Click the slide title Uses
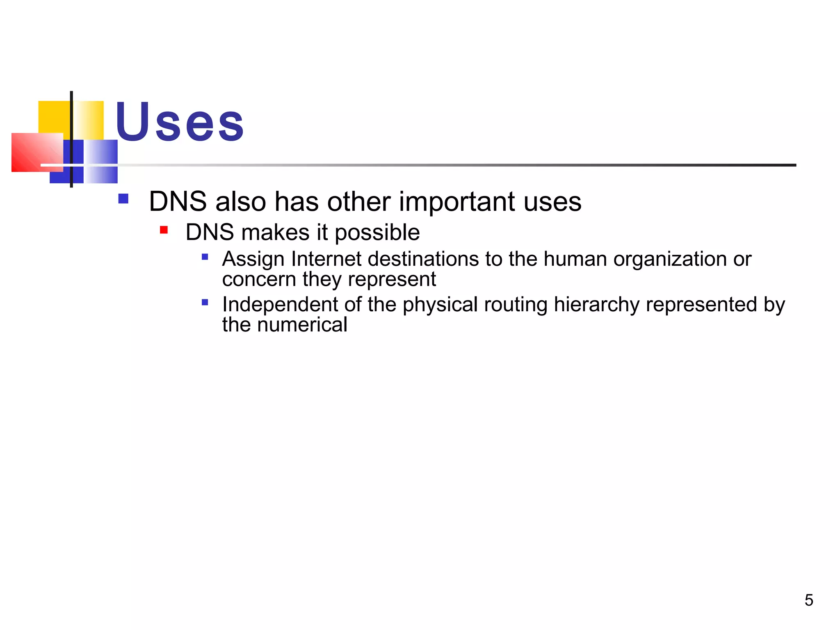pos(180,122)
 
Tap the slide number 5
pos(809,600)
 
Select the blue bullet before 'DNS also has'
pos(123,199)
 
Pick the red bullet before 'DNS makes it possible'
pos(164,230)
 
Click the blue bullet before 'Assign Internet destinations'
pos(205,257)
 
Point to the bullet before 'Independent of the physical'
pos(205,303)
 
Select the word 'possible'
pos(377,233)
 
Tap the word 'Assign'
pos(253,260)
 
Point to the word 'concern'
pos(259,280)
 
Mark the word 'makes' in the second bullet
pos(275,233)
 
